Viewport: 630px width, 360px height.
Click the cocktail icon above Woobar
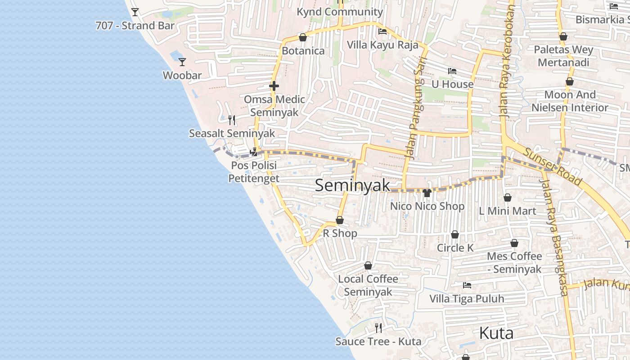click(x=182, y=62)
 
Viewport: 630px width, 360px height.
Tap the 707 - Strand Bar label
click(x=135, y=26)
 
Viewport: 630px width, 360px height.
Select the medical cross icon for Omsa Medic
click(x=274, y=85)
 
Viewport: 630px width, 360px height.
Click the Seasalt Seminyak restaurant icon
click(x=232, y=120)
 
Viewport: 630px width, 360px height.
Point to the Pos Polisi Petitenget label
click(x=254, y=172)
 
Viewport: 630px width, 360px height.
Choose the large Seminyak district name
click(x=352, y=185)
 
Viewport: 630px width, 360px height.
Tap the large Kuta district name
click(x=496, y=333)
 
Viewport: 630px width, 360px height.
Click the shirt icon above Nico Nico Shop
click(x=427, y=193)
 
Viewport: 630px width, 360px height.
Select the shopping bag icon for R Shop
click(x=340, y=220)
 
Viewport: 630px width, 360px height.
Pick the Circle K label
click(x=455, y=248)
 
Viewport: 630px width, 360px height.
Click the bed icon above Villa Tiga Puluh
click(x=467, y=285)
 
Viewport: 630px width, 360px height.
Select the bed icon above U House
click(x=452, y=71)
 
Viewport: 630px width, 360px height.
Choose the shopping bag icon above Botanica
click(x=303, y=37)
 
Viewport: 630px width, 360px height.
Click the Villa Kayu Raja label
click(x=382, y=45)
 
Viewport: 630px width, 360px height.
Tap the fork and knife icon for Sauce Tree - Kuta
click(x=378, y=328)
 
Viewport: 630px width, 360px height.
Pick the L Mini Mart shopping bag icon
click(x=508, y=198)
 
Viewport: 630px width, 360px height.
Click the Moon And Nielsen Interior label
click(x=570, y=101)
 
